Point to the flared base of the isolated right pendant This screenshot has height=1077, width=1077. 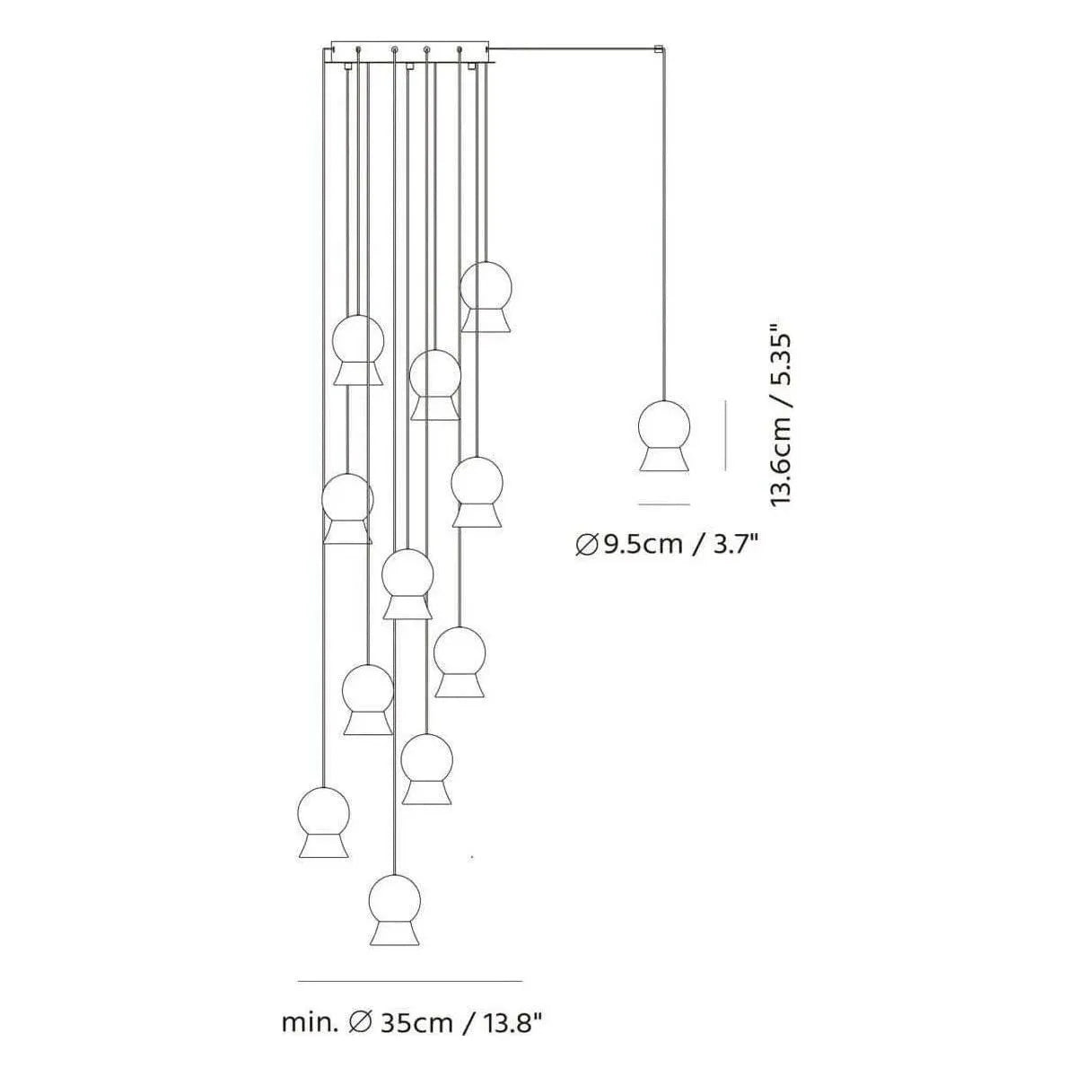coord(665,460)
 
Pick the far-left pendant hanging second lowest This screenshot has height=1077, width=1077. coord(323,820)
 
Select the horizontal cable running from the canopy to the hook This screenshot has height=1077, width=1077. coord(574,47)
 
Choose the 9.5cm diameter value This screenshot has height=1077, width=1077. coord(643,544)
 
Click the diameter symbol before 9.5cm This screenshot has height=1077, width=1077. coord(586,545)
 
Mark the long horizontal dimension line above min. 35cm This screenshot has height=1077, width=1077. coord(409,980)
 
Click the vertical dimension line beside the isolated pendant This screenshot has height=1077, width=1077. coord(725,436)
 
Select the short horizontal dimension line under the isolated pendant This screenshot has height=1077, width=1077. coord(664,504)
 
